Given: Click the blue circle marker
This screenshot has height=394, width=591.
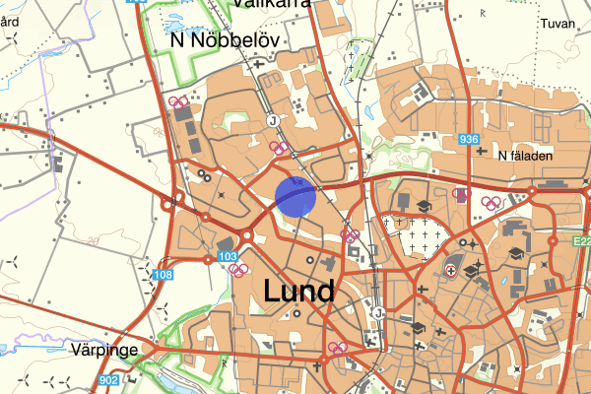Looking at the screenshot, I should (295, 196).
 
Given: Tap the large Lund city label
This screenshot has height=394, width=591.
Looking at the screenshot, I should (299, 291).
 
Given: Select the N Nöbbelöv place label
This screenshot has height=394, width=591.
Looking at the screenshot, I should (226, 39).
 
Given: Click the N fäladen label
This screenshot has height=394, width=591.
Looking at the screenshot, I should (526, 155).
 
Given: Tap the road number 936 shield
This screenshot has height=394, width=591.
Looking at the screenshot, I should (470, 141).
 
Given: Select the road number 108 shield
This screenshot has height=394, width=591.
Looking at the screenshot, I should (163, 274).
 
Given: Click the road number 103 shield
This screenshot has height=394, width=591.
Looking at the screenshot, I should (229, 256).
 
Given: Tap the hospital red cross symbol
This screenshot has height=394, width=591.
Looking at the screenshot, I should (451, 268).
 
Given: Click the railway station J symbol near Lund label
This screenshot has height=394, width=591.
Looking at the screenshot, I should (377, 312).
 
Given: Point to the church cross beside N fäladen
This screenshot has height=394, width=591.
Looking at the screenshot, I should (480, 154).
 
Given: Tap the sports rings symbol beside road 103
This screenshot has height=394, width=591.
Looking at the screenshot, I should (237, 269).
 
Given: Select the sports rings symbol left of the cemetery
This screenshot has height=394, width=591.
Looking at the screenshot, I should (349, 234).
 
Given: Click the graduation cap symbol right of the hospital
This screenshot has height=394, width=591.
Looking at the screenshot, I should (474, 269).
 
